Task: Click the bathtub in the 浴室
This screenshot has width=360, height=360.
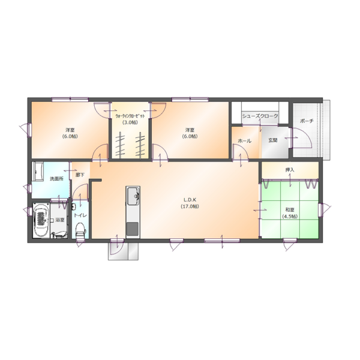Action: (41, 220)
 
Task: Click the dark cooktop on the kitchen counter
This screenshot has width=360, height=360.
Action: (132, 228)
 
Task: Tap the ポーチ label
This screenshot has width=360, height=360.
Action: (306, 121)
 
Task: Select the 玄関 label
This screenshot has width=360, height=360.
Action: (273, 140)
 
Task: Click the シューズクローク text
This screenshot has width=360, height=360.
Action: (259, 114)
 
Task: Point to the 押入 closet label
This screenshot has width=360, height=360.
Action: (289, 170)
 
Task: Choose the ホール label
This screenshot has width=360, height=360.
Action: (244, 140)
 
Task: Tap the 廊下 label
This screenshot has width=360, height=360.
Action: (80, 175)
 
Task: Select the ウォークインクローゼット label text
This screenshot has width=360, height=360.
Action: (130, 115)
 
